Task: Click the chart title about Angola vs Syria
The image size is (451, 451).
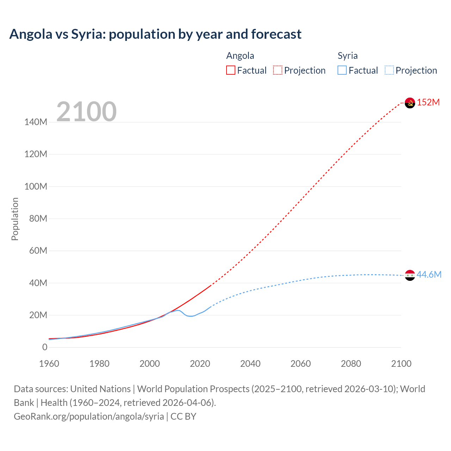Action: (x=155, y=34)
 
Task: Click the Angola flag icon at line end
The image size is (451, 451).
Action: (x=410, y=103)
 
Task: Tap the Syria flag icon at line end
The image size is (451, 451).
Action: (x=410, y=275)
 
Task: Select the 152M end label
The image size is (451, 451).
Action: (x=428, y=103)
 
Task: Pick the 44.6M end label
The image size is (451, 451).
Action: (x=429, y=275)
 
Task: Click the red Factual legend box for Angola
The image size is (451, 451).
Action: (x=231, y=70)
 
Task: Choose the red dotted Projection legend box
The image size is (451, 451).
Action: (x=278, y=70)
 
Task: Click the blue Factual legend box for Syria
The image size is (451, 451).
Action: (x=342, y=70)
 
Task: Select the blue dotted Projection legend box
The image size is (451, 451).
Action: (x=389, y=70)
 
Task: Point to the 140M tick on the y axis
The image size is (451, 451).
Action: (x=36, y=122)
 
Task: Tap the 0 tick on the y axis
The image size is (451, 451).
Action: (x=45, y=347)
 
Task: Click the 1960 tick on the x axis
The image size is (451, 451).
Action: (x=49, y=364)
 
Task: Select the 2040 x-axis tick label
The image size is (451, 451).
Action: (x=250, y=364)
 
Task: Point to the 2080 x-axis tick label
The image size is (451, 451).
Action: (x=351, y=364)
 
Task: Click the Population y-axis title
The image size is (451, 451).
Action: (x=15, y=219)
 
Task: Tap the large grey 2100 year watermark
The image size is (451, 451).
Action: (x=86, y=112)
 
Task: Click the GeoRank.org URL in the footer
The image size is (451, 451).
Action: (x=89, y=416)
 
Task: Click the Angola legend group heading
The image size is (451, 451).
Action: (x=240, y=56)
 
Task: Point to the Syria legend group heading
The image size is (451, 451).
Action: (x=347, y=56)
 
